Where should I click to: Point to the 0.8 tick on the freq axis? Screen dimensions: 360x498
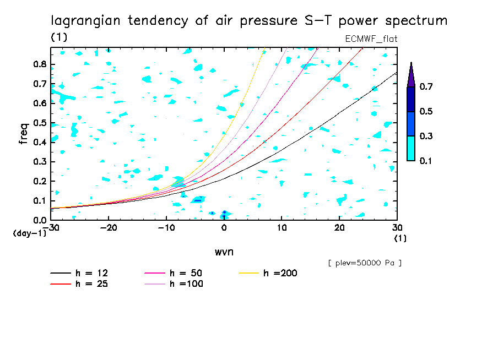[40, 64]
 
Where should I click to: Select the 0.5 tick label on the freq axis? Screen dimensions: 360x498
[40, 123]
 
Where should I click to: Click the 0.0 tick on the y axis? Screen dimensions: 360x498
[40, 220]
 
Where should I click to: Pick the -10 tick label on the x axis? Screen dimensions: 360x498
[166, 227]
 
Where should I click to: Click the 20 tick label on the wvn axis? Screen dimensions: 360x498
[339, 227]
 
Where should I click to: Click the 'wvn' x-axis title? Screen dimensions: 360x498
[224, 252]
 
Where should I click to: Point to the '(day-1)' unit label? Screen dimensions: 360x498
[30, 233]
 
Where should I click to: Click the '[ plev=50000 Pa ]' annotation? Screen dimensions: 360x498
[365, 263]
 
